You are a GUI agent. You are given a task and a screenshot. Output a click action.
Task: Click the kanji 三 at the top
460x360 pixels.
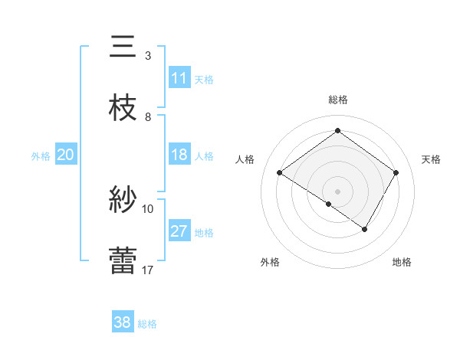[x=123, y=47]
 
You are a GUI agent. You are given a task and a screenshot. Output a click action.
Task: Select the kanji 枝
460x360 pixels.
[x=123, y=109]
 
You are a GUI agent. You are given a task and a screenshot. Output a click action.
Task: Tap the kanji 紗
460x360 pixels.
[x=123, y=201]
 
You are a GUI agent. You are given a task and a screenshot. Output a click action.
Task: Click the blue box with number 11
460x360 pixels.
[x=179, y=78]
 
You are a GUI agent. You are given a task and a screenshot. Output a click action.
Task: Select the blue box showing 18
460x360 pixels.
[x=179, y=155]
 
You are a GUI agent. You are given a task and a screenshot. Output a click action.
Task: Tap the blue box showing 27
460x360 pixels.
[x=179, y=231]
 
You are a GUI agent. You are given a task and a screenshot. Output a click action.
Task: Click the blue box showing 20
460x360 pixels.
[x=65, y=155]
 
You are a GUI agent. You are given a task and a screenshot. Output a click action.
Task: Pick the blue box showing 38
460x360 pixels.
[x=123, y=322]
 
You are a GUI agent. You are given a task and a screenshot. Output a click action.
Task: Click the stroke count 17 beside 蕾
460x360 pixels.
[x=148, y=270]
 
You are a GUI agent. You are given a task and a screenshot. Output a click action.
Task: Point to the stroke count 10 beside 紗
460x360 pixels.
[x=148, y=208]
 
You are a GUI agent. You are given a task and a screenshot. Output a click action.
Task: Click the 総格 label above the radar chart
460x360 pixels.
[x=337, y=100]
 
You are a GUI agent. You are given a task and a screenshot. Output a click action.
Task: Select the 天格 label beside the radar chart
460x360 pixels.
[x=431, y=159]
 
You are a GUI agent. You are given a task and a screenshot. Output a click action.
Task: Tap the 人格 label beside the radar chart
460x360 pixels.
[x=245, y=159]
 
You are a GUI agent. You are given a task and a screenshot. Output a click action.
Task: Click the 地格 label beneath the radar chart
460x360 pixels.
[x=402, y=263]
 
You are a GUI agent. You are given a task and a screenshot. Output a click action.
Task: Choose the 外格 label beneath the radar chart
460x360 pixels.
[x=270, y=263]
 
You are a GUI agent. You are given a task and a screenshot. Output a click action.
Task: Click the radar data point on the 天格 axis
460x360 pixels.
[x=396, y=173]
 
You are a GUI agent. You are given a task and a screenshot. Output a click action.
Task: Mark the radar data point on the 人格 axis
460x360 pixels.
[x=279, y=173]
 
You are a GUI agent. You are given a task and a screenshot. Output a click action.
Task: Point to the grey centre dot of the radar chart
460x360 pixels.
[x=337, y=191]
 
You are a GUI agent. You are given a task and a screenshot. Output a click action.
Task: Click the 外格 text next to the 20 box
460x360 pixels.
[x=41, y=155]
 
